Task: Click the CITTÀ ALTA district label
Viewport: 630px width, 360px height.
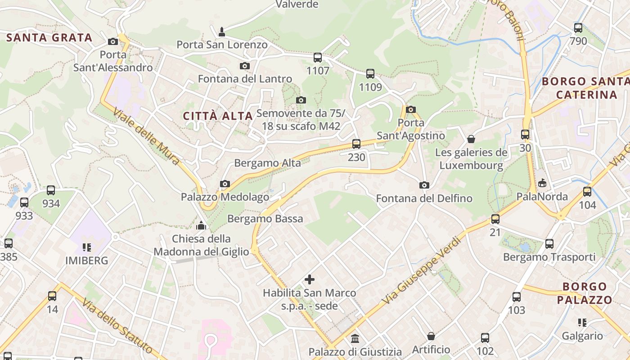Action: (218, 116)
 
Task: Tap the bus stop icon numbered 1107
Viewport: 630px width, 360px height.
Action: (318, 58)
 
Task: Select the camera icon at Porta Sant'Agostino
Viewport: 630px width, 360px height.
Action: (410, 109)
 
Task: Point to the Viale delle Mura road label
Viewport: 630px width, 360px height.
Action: (147, 136)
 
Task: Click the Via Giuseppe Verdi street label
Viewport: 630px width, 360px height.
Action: (421, 270)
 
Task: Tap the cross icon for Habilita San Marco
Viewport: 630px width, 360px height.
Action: (310, 279)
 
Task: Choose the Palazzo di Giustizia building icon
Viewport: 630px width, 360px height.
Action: (355, 338)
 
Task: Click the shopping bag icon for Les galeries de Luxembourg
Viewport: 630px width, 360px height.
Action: (471, 139)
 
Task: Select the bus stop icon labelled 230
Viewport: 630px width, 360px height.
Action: (356, 144)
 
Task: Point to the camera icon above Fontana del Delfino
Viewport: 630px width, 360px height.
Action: (424, 185)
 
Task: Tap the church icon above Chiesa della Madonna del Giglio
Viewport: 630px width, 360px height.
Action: (201, 225)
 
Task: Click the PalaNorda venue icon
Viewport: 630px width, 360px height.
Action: (542, 183)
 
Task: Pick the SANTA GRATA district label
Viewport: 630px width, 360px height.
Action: (49, 38)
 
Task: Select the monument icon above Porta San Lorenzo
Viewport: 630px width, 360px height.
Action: (221, 31)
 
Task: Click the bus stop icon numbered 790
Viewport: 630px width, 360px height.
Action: (578, 28)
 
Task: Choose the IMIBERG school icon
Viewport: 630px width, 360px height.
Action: (87, 247)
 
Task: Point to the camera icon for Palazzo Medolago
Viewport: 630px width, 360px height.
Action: (225, 184)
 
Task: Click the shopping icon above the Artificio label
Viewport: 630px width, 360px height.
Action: (431, 336)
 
